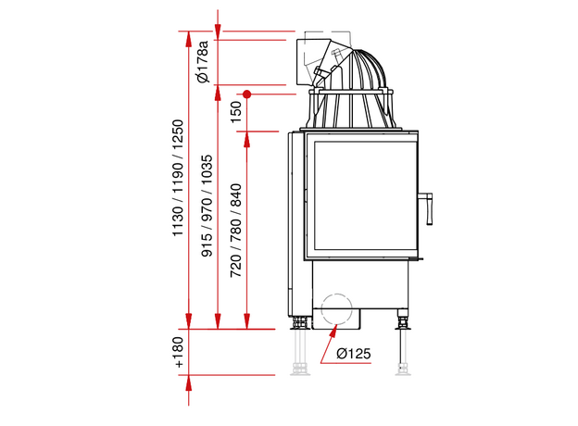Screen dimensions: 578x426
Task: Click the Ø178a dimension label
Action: [x=203, y=61]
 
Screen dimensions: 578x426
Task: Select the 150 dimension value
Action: [x=236, y=112]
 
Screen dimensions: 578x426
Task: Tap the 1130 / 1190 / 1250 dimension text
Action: [x=178, y=178]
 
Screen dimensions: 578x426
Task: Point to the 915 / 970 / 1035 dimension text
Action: [x=207, y=206]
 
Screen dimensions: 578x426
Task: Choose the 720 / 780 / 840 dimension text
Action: [x=236, y=231]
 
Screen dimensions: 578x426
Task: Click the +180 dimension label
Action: [x=179, y=352]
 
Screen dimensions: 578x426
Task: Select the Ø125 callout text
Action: [x=354, y=354]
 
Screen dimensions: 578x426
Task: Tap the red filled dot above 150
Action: [x=247, y=94]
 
